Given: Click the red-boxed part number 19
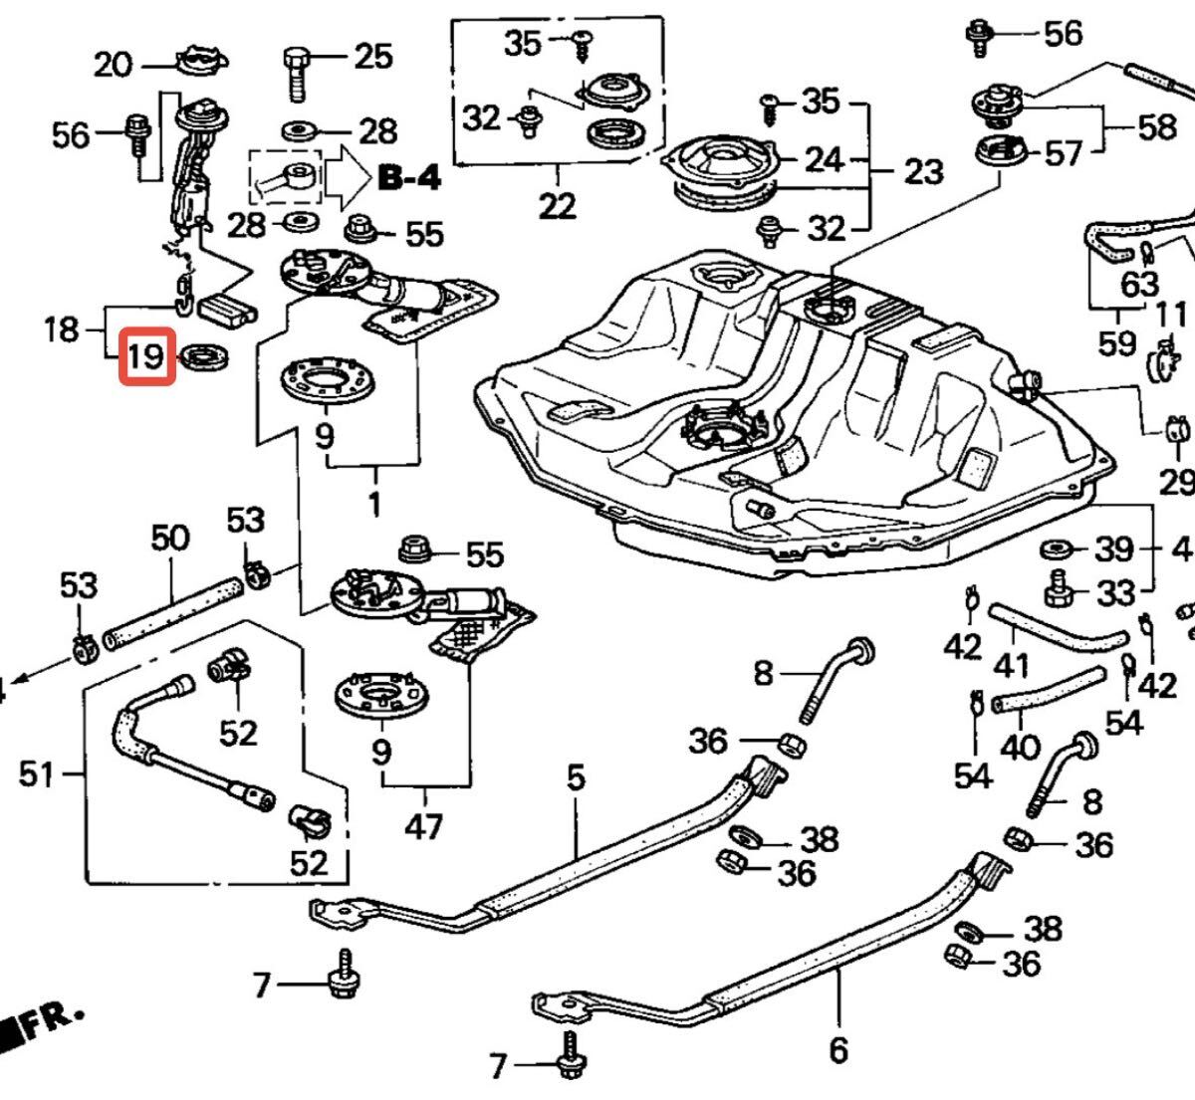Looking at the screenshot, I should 146,356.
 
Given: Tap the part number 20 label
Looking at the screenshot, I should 114,66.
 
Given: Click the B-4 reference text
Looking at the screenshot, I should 408,179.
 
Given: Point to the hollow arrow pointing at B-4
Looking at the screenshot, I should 346,177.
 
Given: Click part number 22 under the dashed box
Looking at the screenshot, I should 557,206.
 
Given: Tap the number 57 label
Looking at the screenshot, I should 1063,154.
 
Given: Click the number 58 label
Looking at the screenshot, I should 1155,127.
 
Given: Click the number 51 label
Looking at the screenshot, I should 37,772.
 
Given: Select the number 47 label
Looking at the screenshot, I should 424,825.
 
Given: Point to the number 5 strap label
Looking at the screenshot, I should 577,777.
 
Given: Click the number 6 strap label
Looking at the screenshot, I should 837,1049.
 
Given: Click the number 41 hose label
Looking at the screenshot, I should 1013,663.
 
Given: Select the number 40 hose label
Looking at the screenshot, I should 1019,747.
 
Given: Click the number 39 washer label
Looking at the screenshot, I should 1114,549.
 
